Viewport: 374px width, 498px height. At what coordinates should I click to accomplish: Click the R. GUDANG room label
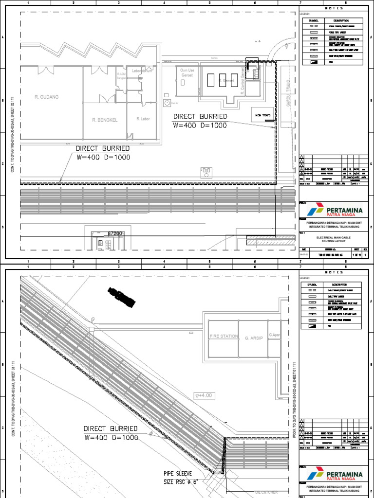pyautogui.click(x=46, y=97)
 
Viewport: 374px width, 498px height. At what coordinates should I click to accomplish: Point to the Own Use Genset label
pyautogui.click(x=187, y=72)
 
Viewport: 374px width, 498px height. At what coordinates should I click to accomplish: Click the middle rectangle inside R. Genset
pyautogui.click(x=223, y=80)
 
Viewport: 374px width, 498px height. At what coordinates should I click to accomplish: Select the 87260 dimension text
pyautogui.click(x=114, y=234)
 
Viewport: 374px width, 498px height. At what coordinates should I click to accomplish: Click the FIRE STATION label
pyautogui.click(x=223, y=336)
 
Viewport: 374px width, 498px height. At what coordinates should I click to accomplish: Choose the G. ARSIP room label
pyautogui.click(x=253, y=336)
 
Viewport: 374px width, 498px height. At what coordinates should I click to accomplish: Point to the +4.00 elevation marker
pyautogui.click(x=205, y=395)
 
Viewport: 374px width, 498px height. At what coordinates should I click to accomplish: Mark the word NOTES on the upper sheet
pyautogui.click(x=334, y=8)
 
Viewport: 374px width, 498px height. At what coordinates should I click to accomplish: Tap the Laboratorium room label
pyautogui.click(x=143, y=71)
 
